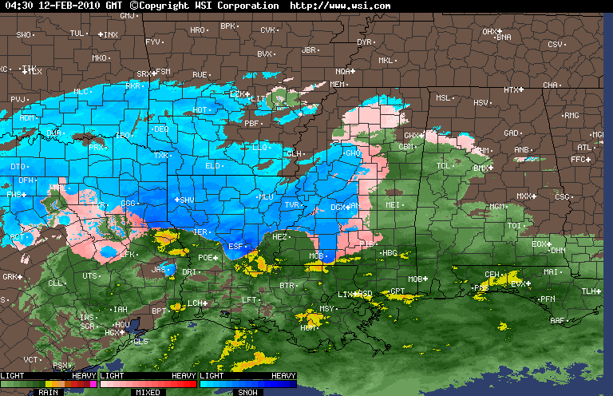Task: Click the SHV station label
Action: [x=187, y=200]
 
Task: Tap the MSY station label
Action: [x=326, y=308]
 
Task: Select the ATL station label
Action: [x=584, y=147]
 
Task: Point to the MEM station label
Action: [x=338, y=84]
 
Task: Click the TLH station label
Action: [x=589, y=291]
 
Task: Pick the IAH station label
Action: [x=121, y=309]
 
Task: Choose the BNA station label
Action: [x=504, y=37]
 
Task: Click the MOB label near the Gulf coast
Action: [x=415, y=279]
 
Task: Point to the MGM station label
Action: [x=497, y=206]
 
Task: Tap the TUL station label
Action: [x=77, y=33]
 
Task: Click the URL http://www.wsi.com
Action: [x=340, y=6]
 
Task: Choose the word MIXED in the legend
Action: [x=148, y=392]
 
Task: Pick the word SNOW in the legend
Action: [x=247, y=392]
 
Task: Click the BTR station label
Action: [x=287, y=285]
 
